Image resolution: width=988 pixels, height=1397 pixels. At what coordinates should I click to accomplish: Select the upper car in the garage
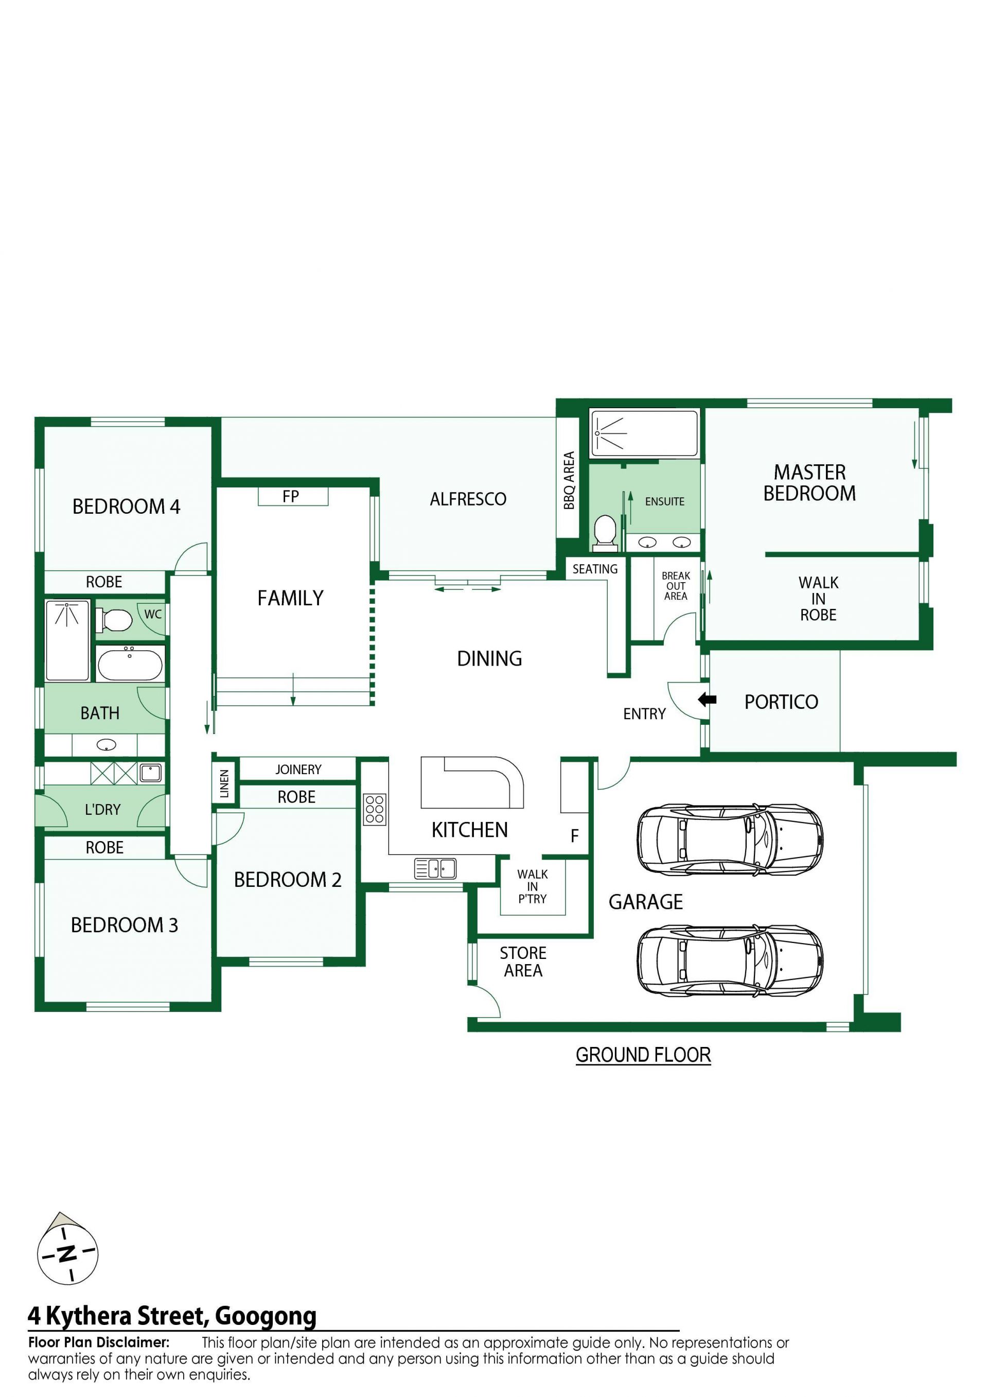pyautogui.click(x=730, y=839)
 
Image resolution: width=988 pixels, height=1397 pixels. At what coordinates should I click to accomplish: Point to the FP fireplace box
pyautogui.click(x=293, y=497)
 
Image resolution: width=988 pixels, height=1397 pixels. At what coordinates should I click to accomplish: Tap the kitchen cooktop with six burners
pyautogui.click(x=375, y=809)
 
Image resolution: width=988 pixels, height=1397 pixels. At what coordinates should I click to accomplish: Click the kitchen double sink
pyautogui.click(x=435, y=868)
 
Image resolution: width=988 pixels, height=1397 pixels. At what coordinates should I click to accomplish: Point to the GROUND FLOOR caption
pyautogui.click(x=643, y=1055)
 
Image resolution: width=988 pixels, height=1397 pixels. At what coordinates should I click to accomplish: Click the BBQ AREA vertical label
pyautogui.click(x=569, y=480)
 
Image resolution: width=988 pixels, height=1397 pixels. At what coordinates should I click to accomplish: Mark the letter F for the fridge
pyautogui.click(x=574, y=836)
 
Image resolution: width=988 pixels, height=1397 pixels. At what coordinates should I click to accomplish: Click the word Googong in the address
pyautogui.click(x=266, y=1316)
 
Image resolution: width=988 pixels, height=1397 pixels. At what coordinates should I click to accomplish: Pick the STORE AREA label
pyautogui.click(x=523, y=962)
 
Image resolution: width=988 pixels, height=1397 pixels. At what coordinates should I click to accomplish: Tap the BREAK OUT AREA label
pyautogui.click(x=676, y=585)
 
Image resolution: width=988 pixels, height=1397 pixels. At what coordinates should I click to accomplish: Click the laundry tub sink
pyautogui.click(x=150, y=773)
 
